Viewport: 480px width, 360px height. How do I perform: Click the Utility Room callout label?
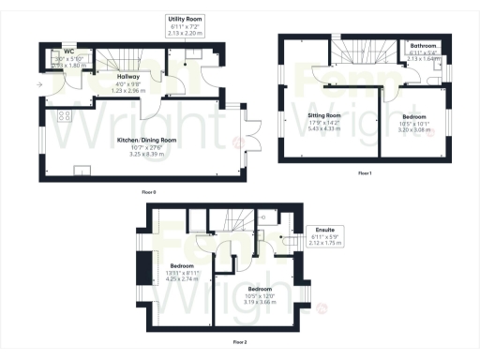186,18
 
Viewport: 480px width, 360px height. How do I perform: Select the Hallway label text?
128,77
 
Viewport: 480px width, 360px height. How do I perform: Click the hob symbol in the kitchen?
63,117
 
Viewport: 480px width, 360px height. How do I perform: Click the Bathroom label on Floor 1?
424,44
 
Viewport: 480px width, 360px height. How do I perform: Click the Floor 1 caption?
365,172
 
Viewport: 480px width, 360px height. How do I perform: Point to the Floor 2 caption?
240,342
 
